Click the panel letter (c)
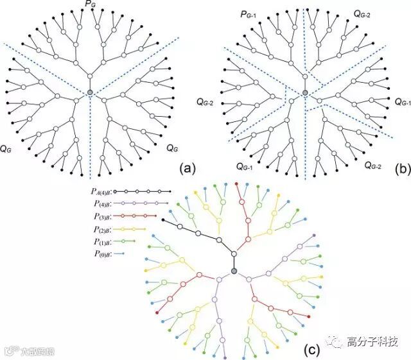pyautogui.click(x=312, y=350)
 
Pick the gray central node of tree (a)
pyautogui.click(x=90, y=94)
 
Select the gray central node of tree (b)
pyautogui.click(x=305, y=94)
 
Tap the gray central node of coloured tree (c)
pyautogui.click(x=234, y=273)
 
